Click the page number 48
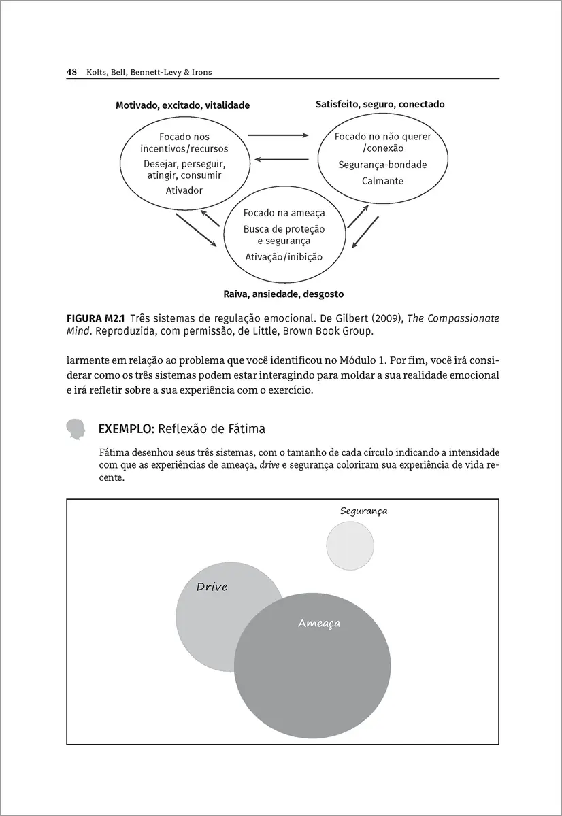(x=71, y=72)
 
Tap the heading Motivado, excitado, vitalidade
(x=182, y=105)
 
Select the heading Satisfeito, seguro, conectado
(x=380, y=105)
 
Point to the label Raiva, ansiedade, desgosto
(x=283, y=294)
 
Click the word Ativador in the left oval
(x=184, y=190)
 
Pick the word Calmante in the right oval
(x=382, y=181)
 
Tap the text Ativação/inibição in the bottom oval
(x=284, y=257)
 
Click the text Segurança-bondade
(x=382, y=165)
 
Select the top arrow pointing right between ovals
(x=278, y=135)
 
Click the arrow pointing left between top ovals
(x=278, y=160)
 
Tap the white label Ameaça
(x=318, y=623)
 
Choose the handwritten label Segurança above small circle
(x=363, y=511)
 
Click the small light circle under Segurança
(x=350, y=545)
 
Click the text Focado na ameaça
(x=284, y=213)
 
